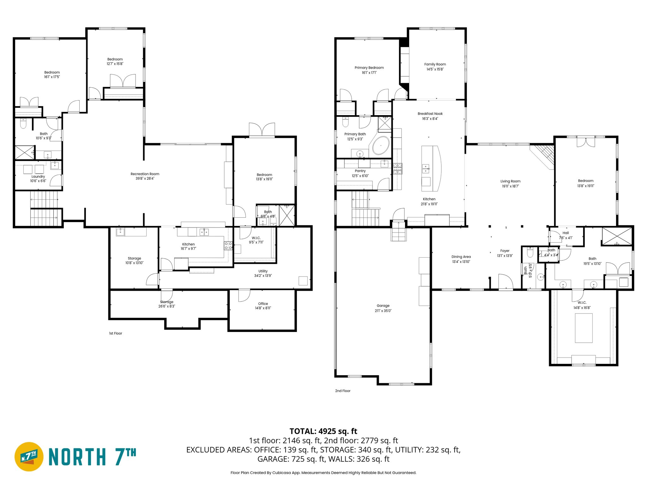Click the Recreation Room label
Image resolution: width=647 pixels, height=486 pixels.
tap(145, 174)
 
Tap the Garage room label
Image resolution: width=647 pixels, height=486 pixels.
tap(383, 306)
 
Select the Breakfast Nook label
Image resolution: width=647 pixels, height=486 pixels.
tap(430, 114)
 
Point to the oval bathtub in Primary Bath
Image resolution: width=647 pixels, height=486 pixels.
tap(381, 146)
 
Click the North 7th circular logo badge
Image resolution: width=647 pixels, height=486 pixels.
tap(29, 457)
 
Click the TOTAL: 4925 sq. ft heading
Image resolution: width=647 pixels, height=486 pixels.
tap(323, 431)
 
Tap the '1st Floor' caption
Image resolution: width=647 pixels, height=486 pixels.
tap(115, 333)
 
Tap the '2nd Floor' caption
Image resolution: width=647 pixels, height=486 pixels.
tap(342, 391)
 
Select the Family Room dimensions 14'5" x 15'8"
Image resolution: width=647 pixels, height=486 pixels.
tap(435, 69)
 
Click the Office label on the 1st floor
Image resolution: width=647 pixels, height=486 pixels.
tap(263, 303)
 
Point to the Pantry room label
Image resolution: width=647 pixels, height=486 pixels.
tap(360, 171)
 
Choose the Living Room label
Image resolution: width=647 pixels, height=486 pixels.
tap(510, 181)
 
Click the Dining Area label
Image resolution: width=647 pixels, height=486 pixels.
tap(461, 257)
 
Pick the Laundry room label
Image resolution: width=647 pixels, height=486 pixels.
tap(38, 177)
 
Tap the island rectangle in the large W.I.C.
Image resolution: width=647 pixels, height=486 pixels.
tap(584, 328)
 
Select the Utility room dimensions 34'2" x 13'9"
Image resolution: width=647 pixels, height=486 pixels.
tap(263, 276)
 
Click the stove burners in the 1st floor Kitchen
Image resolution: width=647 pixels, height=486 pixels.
tap(228, 246)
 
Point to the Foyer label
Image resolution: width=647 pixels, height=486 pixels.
tap(505, 251)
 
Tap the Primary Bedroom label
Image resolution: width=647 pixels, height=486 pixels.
tap(369, 68)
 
